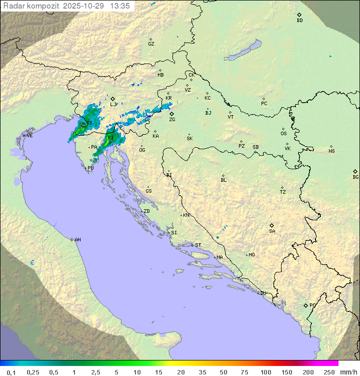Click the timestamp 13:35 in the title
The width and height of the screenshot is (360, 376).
(x=120, y=6)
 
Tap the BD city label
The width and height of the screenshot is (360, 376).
(x=299, y=21)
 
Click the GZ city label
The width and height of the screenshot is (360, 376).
(x=151, y=44)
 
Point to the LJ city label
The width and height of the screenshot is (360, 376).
(x=112, y=105)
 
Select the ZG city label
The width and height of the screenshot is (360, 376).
(x=172, y=120)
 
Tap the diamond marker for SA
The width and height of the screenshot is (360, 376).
(x=272, y=225)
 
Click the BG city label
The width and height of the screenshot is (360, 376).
(x=355, y=177)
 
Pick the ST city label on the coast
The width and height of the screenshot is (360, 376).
(x=198, y=245)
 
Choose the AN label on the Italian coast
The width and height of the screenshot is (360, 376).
(x=77, y=240)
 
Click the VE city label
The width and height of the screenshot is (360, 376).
(x=29, y=136)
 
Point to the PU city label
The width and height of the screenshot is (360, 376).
(x=90, y=168)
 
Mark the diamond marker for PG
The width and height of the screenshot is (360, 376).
(x=305, y=305)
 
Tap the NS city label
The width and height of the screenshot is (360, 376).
(x=331, y=151)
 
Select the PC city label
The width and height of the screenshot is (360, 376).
(x=264, y=104)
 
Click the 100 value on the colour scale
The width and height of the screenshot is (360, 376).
(x=265, y=372)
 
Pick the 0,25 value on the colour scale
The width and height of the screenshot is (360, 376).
(x=33, y=372)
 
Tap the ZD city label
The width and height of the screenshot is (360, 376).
(x=146, y=211)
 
